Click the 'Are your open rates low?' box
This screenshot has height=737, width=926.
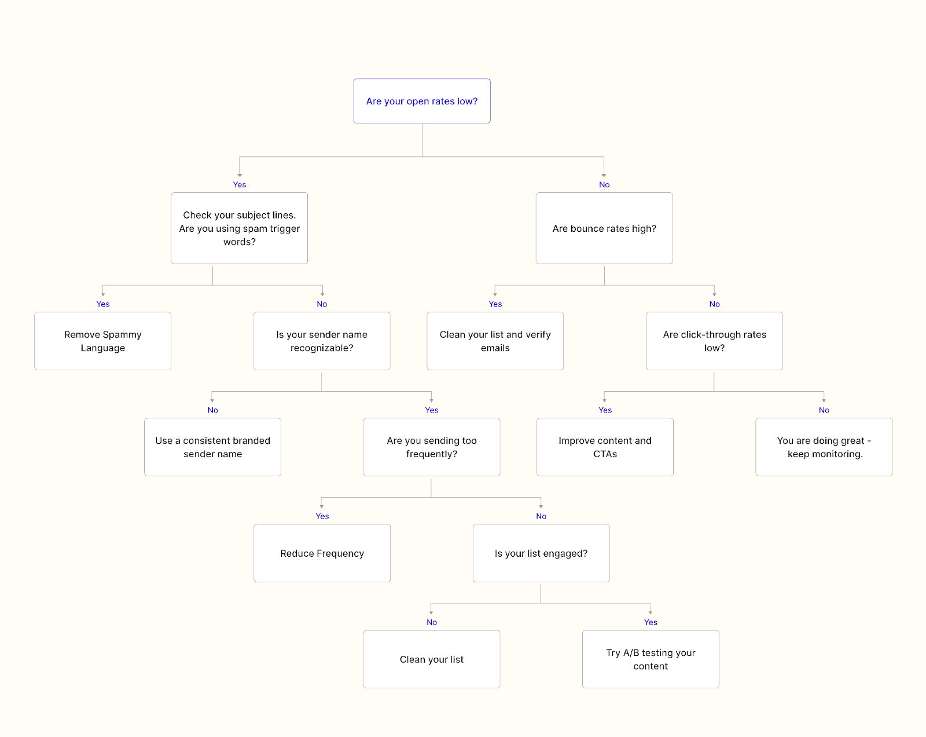coord(422,101)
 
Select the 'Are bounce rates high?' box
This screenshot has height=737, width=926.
coord(604,228)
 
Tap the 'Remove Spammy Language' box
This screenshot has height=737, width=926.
coord(102,341)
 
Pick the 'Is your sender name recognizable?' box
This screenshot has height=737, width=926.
coord(322,341)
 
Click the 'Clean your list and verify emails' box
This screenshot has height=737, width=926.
coord(495,341)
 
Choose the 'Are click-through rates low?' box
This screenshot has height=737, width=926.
coord(714,341)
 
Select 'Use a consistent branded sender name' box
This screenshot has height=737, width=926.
coord(212,447)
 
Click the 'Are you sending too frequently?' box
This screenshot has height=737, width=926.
coord(432,447)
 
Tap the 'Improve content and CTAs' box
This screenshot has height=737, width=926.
coord(605,447)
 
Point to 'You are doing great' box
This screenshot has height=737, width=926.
coord(824,447)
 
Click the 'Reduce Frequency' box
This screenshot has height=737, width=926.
coord(322,553)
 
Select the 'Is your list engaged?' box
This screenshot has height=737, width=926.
coord(541,553)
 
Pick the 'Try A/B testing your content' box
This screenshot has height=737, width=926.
coord(651,659)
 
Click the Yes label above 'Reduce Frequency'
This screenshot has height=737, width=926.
coord(322,516)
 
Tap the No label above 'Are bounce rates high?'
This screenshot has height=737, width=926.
coord(604,185)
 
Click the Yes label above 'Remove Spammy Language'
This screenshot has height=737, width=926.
coord(103,304)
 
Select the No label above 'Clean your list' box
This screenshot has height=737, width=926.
coord(432,622)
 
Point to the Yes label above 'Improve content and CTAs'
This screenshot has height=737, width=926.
coord(605,410)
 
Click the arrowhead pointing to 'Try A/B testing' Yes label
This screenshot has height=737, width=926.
coord(651,612)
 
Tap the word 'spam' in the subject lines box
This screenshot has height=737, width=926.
coord(255,229)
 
